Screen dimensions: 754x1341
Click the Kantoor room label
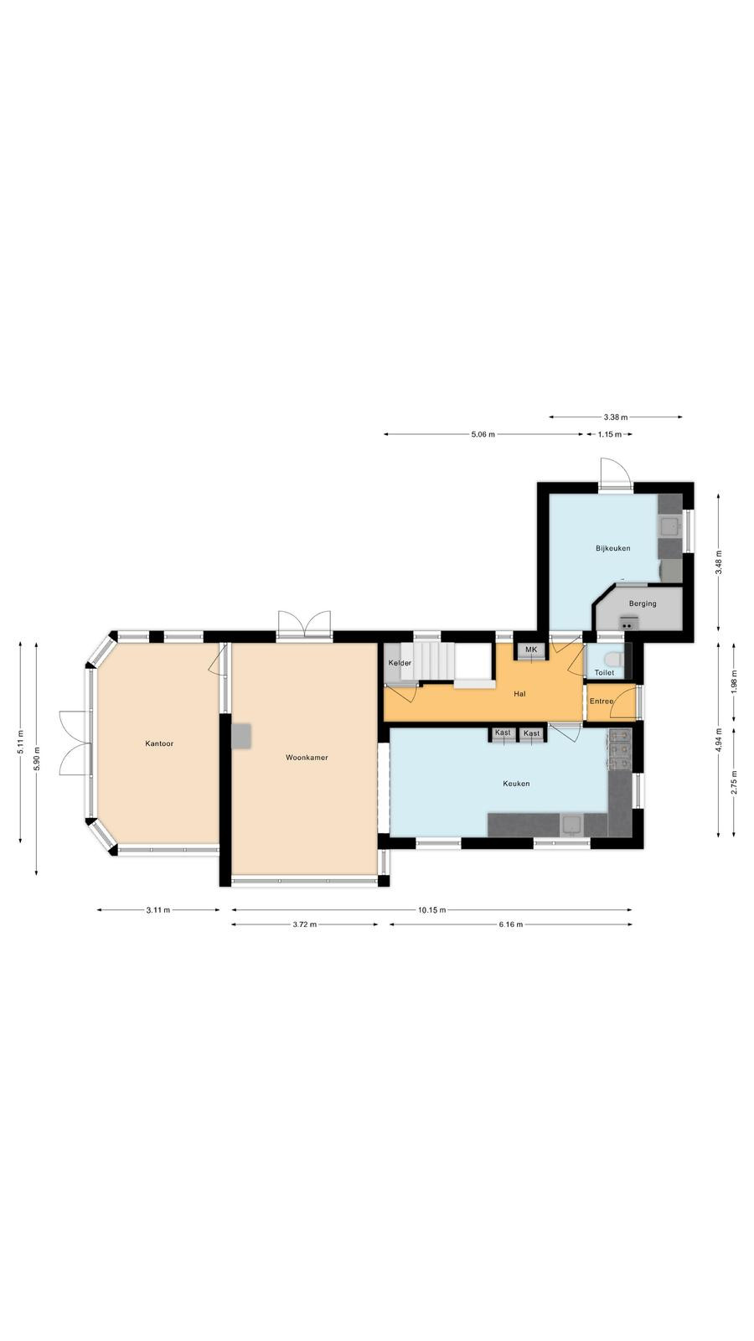pos(159,743)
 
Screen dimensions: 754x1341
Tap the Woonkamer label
pos(307,758)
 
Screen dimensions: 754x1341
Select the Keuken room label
pos(516,783)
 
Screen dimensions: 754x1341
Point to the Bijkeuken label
pos(612,548)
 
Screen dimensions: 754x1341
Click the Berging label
pos(643,603)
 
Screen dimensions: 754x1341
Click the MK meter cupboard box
pos(531,650)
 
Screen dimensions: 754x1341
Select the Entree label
pos(602,701)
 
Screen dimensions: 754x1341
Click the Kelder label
pos(400,663)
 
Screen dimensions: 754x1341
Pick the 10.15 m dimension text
pos(432,910)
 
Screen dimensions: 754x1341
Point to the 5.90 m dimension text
pos(37,759)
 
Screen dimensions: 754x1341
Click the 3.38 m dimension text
pos(616,417)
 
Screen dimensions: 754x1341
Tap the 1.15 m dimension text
pos(610,435)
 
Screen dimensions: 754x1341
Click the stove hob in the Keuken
pos(620,749)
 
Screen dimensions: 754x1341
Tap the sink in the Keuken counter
pos(572,825)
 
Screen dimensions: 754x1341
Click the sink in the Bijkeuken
pos(669,527)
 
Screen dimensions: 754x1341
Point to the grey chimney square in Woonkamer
pos(242,736)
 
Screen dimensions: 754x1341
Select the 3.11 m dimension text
pos(158,910)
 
